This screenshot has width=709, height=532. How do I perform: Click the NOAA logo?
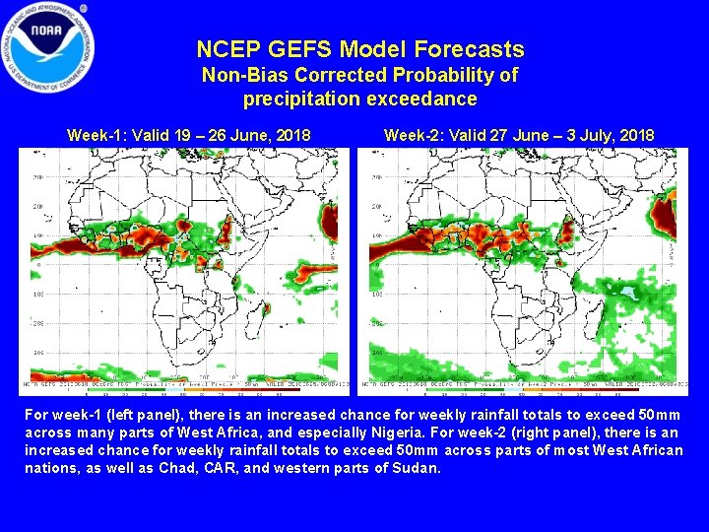[x=48, y=47]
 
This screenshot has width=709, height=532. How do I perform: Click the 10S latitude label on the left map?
[x=37, y=295]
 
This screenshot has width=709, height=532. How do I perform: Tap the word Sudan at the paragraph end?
[x=415, y=467]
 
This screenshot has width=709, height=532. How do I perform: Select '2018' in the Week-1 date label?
[x=291, y=135]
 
